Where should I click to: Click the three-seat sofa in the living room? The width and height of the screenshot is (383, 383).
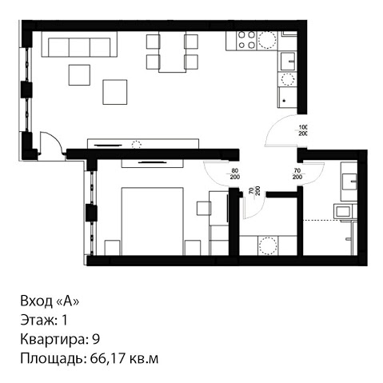point(79,44)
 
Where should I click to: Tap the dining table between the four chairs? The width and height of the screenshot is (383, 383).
point(172,52)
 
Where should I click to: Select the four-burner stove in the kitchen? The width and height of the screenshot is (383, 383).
point(246,41)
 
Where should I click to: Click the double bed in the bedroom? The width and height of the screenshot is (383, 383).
point(152,221)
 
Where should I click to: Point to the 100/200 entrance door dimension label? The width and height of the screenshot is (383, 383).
point(303,130)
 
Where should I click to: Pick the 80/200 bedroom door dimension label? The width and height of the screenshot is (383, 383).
point(235,174)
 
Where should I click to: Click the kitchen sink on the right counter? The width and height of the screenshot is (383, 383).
point(288,61)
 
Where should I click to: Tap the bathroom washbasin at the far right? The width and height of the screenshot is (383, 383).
point(349,182)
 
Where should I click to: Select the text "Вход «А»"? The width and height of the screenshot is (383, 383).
point(50,301)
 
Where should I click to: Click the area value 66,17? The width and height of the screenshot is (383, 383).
point(108,358)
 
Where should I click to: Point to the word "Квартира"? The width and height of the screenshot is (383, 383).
point(54,340)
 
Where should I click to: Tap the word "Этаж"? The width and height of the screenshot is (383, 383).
point(38,321)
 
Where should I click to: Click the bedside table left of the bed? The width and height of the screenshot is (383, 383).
point(112,248)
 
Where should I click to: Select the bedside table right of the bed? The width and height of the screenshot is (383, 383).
point(193,248)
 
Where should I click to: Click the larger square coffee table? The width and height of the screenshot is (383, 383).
point(115,92)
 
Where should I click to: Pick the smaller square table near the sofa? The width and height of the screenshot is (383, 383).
point(79,75)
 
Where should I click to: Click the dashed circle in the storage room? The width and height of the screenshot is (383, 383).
point(268,245)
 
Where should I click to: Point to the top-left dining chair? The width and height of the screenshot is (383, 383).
point(153,42)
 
